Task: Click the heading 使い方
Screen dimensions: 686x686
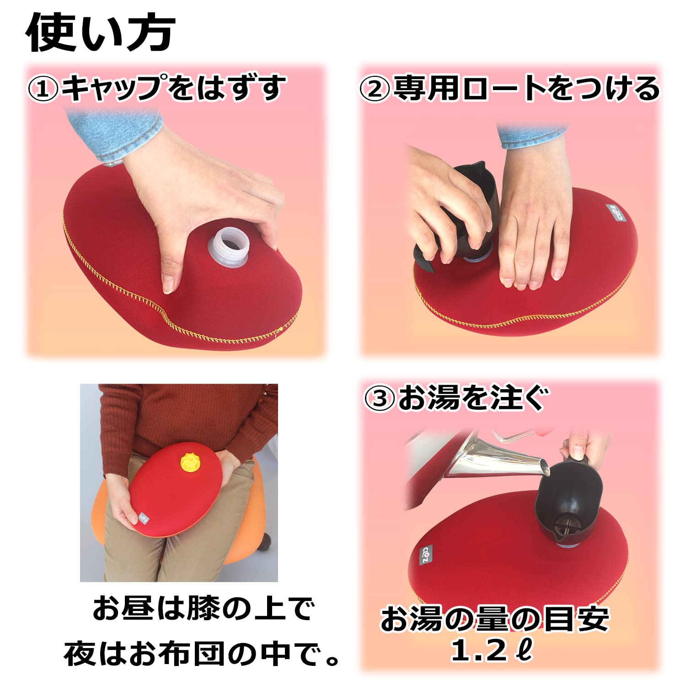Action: (100, 33)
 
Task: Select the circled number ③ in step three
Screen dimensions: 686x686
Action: (379, 399)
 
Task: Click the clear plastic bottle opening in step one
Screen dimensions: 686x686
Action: (229, 247)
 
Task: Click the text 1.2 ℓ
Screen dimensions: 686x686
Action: (492, 651)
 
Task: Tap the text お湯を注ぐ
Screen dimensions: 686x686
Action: (471, 398)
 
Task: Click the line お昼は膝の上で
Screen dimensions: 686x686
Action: (204, 609)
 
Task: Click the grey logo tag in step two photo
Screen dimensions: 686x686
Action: (614, 214)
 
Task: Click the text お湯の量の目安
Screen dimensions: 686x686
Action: (494, 620)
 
